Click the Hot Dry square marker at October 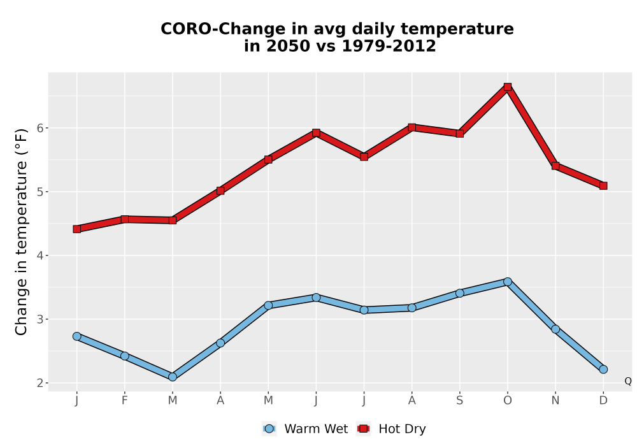[508, 87]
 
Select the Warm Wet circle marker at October [508, 282]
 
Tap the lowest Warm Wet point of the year [173, 377]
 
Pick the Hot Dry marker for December [603, 185]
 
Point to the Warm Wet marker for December [603, 370]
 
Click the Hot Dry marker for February [125, 219]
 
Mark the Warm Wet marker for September [459, 293]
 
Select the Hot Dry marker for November [555, 166]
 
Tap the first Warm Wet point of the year [77, 336]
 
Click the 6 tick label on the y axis [40, 128]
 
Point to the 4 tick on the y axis [40, 255]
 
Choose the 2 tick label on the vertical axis [40, 383]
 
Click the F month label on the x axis [125, 401]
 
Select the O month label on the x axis [508, 401]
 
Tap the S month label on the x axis [459, 401]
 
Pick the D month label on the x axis [603, 401]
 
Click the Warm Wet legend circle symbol [269, 429]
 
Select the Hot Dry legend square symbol [363, 429]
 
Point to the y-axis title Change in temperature [21, 233]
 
